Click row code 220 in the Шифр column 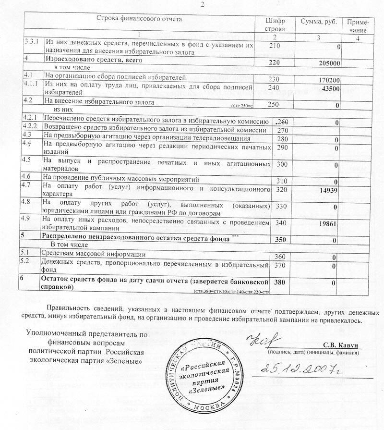click(274, 62)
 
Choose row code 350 click(280, 238)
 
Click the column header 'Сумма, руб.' click(318, 22)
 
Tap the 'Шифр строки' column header click(275, 26)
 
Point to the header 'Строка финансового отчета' click(140, 19)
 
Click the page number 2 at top click(202, 4)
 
